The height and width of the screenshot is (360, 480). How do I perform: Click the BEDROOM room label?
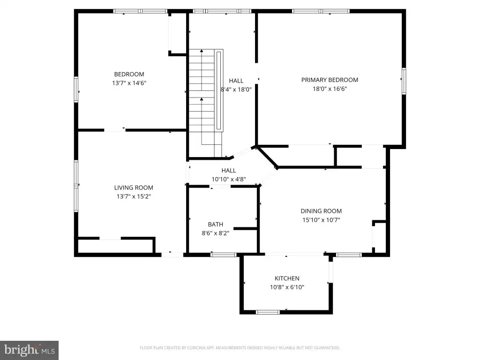[x=129, y=75]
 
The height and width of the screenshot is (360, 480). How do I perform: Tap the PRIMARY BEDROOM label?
[x=330, y=80]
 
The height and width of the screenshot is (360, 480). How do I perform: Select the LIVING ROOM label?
[x=134, y=187]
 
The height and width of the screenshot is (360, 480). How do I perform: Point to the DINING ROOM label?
[x=321, y=211]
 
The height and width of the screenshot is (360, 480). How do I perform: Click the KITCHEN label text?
[x=287, y=278]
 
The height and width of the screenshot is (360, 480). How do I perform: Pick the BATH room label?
[x=216, y=225]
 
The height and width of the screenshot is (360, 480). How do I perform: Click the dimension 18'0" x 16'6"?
[x=330, y=89]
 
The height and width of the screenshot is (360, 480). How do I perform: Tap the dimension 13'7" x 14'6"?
[x=129, y=83]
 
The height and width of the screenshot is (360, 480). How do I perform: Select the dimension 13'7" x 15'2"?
[x=134, y=196]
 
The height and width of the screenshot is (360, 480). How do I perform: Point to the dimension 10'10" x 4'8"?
[x=229, y=180]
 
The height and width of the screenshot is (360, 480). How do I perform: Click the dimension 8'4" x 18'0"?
[x=236, y=90]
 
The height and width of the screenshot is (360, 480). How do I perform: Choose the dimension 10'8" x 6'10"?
[x=287, y=287]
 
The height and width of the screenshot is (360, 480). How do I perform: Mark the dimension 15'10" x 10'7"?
[x=321, y=220]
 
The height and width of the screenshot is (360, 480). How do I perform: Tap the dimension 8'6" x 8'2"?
[x=216, y=233]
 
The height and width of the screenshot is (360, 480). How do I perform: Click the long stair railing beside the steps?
[x=218, y=90]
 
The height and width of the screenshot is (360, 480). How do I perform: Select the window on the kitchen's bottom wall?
[x=268, y=312]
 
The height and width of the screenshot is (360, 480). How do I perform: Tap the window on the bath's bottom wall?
[x=224, y=255]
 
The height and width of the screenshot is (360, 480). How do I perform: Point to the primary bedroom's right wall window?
[x=404, y=81]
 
